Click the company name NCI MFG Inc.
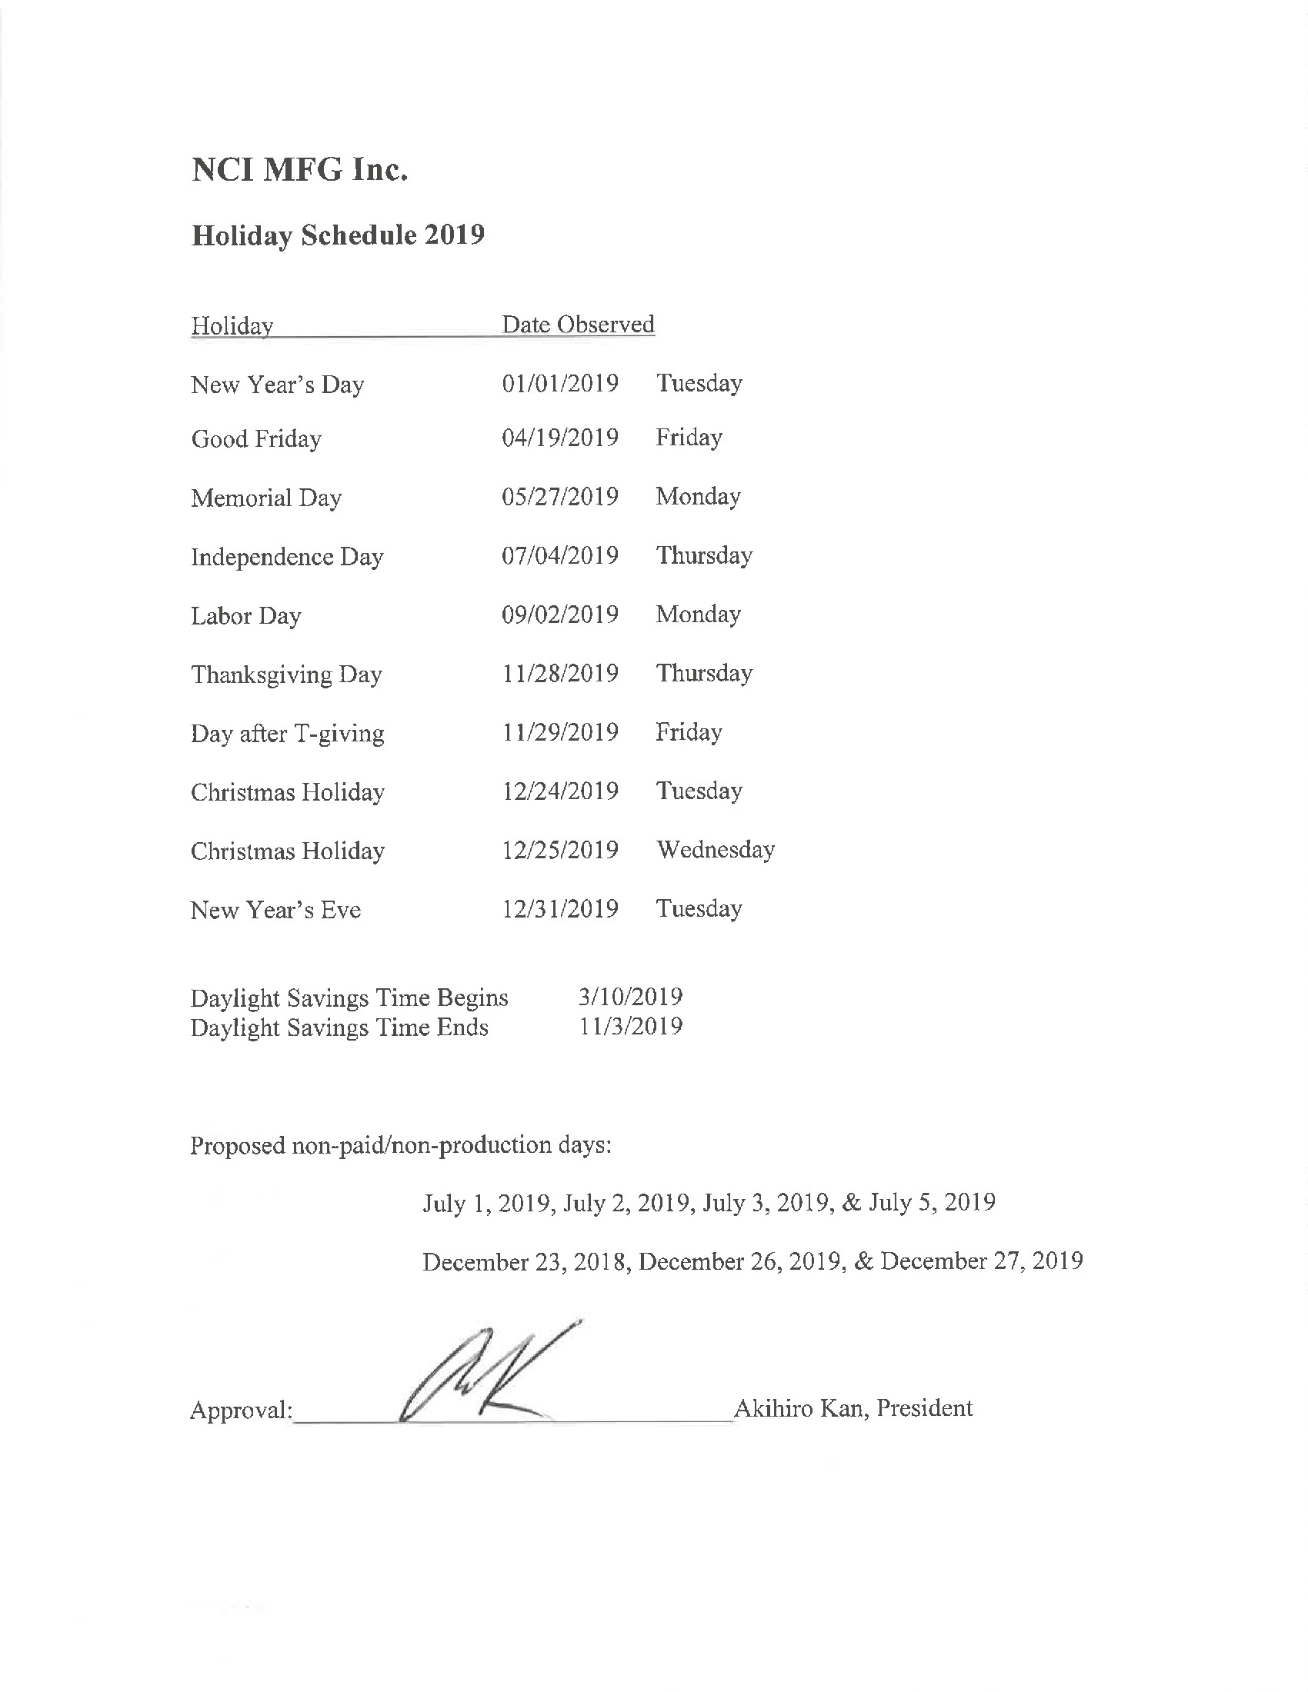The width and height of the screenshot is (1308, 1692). point(299,170)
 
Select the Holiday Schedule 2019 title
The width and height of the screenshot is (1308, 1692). point(338,235)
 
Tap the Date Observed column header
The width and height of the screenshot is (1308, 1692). point(578,324)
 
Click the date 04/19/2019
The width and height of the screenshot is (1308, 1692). point(559,438)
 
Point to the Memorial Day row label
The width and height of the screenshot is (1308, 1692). point(265,498)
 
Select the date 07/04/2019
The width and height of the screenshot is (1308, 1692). point(559,555)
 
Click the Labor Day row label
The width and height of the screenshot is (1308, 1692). point(245,616)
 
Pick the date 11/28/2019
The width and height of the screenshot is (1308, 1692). point(559,673)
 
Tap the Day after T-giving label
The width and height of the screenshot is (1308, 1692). point(288,733)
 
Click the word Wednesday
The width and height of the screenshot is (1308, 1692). point(716,850)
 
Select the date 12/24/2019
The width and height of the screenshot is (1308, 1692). point(559,791)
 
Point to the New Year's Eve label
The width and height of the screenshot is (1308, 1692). point(276,910)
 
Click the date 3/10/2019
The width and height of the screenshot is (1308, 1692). point(630,996)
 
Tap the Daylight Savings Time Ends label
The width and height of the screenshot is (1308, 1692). point(339,1028)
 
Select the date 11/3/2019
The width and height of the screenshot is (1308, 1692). point(631,1027)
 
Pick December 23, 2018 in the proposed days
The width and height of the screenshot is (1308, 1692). point(524,1262)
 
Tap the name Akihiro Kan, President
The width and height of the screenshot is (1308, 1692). point(853,1407)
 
